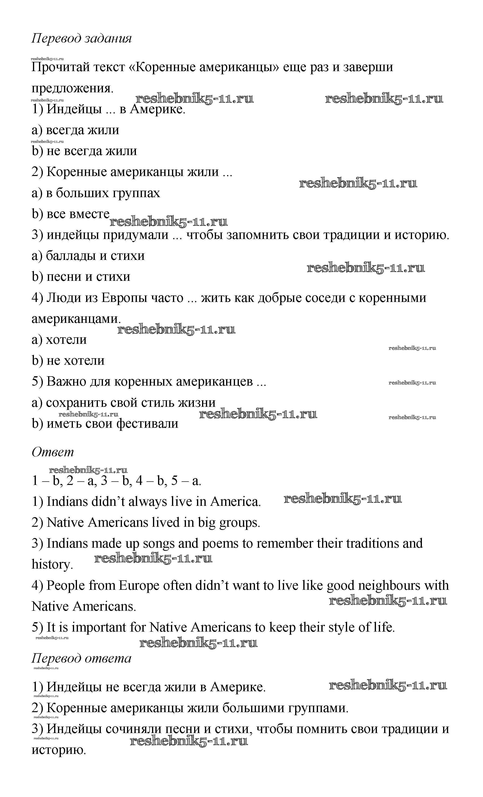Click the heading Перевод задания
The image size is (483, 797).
coord(82,38)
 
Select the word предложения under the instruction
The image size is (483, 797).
coord(72,88)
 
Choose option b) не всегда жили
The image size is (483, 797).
coord(84,151)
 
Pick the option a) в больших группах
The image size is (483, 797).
coord(96,193)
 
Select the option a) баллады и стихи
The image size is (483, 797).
coord(88,256)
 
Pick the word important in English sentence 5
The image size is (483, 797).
coord(99,628)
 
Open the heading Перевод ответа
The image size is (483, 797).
coord(82,658)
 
